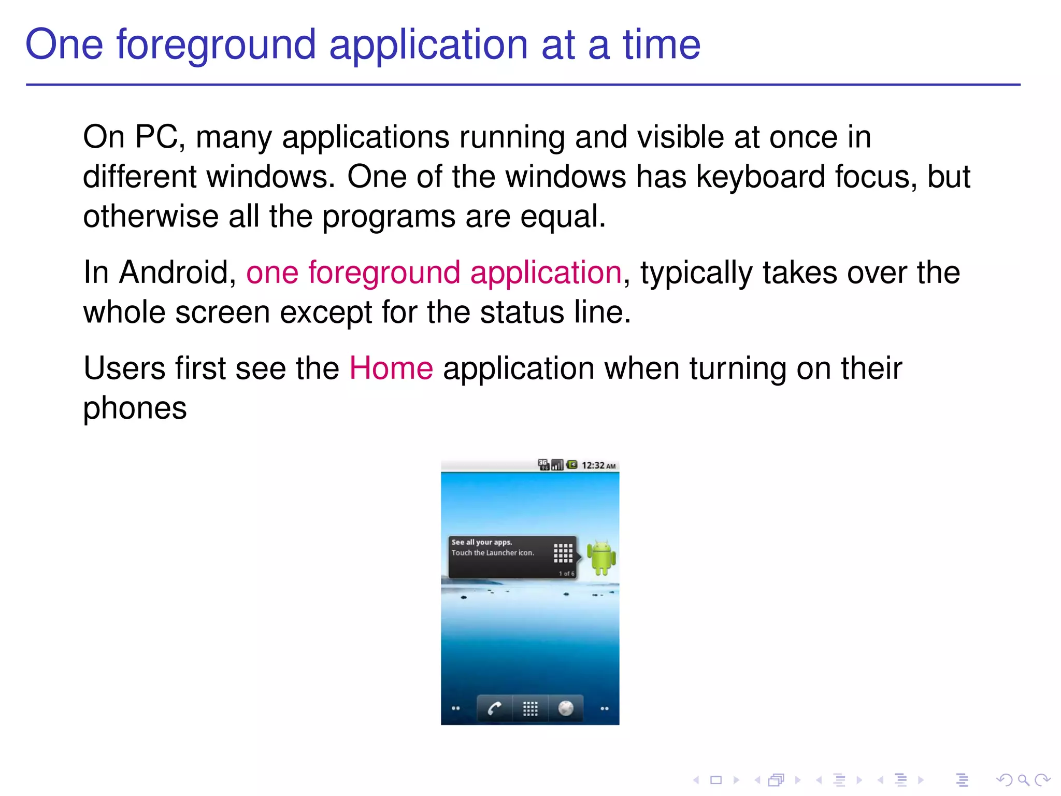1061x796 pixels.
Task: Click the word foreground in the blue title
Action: (216, 45)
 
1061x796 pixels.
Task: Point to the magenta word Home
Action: (391, 368)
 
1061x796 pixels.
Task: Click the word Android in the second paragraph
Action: (178, 273)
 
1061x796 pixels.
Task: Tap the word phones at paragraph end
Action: (135, 408)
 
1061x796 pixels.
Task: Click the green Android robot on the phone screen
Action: (601, 558)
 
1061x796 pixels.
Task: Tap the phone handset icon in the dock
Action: (494, 708)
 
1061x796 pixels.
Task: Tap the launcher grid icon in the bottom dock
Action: (530, 708)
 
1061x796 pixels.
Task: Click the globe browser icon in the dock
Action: (566, 708)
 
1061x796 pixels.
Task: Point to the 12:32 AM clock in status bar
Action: (598, 465)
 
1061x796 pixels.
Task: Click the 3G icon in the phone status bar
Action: (543, 464)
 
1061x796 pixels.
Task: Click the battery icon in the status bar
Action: (572, 465)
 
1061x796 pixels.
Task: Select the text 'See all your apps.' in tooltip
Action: (481, 542)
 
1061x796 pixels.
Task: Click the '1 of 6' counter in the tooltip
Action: (566, 574)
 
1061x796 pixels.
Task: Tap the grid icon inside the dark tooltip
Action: (563, 553)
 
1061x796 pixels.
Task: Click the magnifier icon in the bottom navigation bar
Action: (1023, 779)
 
